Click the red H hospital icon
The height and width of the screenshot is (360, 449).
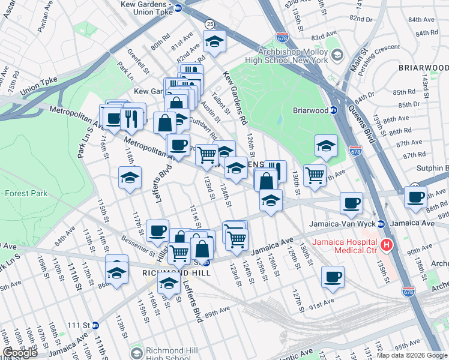point(387,245)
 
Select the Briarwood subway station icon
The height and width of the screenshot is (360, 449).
point(334,110)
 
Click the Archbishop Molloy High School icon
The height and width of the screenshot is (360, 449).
point(337,56)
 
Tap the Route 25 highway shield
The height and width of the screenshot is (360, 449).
point(209,24)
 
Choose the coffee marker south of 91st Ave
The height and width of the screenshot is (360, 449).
point(333,277)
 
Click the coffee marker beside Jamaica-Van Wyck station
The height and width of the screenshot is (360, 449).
point(352,202)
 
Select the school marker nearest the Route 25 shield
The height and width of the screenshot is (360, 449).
point(214,41)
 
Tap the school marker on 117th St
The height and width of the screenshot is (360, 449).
point(130,178)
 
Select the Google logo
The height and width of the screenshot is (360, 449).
point(20,353)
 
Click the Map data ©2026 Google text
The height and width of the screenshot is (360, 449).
point(411,355)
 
